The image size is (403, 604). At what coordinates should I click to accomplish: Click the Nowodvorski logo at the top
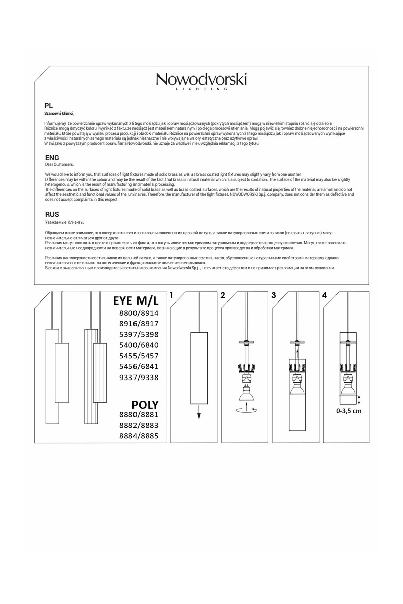click(x=201, y=82)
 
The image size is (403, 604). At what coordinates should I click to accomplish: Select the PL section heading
click(x=48, y=106)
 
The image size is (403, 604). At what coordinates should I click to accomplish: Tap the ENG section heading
click(x=52, y=158)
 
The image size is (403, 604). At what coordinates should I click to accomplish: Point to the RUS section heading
click(x=52, y=214)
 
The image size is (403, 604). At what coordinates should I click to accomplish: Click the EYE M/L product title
click(x=136, y=300)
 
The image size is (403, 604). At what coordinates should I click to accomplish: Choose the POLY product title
click(x=145, y=405)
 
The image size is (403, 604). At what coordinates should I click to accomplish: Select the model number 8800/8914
click(x=139, y=313)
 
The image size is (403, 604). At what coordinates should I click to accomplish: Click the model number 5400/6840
click(x=139, y=345)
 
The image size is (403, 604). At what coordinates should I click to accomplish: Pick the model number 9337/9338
click(x=139, y=377)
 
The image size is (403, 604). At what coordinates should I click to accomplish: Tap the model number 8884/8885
click(x=139, y=436)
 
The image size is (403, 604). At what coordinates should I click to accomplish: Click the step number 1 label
click(x=171, y=296)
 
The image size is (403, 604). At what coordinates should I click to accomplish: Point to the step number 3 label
click(x=274, y=296)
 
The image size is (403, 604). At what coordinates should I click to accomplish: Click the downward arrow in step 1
click(x=199, y=412)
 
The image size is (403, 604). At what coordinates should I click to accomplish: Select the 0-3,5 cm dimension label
click(x=349, y=411)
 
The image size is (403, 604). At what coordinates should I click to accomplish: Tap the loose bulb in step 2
click(x=247, y=393)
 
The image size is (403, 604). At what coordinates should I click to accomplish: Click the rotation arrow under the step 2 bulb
click(x=247, y=410)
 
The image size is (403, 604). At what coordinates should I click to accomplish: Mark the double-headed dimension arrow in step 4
click(x=359, y=399)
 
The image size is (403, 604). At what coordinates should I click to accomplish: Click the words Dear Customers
click(x=59, y=164)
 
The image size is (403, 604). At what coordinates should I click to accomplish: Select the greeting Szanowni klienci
click(x=59, y=114)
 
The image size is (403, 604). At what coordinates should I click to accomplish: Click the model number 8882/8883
click(x=139, y=425)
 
